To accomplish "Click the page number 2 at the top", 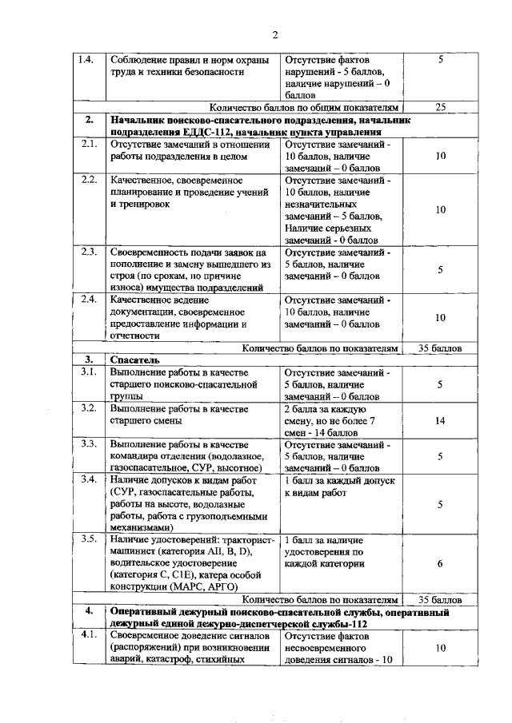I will tap(274, 34).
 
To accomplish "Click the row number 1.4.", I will tap(86, 59).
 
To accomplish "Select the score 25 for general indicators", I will tap(440, 106).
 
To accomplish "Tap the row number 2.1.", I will tap(89, 145).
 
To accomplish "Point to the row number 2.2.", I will tap(89, 179).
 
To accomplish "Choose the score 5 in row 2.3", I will tap(440, 270).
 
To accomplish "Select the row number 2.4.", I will tap(89, 300).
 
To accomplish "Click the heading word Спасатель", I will tap(131, 360).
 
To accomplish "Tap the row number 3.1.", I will tap(89, 372).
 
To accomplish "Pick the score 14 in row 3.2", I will tap(440, 420).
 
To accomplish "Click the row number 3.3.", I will tap(89, 443).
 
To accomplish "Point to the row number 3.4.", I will tap(89, 479).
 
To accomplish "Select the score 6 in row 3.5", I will tap(440, 563).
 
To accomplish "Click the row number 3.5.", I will tap(89, 541).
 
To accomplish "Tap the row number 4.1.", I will tap(89, 635).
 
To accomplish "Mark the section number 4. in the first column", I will tap(90, 612).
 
